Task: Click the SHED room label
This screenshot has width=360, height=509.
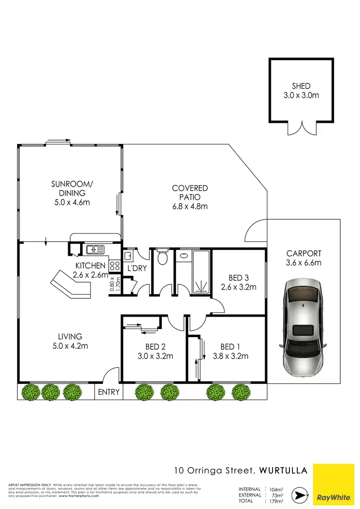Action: pyautogui.click(x=301, y=86)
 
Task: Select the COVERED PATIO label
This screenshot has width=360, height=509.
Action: pyautogui.click(x=190, y=193)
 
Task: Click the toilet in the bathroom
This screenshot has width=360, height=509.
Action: pyautogui.click(x=162, y=257)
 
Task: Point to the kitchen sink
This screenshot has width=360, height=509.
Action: pyautogui.click(x=95, y=249)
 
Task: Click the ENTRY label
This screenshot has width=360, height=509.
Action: pyautogui.click(x=108, y=392)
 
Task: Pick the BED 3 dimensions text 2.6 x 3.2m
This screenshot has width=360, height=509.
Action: pyautogui.click(x=239, y=287)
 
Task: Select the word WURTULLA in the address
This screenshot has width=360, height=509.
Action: pyautogui.click(x=283, y=470)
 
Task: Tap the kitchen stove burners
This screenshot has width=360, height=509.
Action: pyautogui.click(x=114, y=267)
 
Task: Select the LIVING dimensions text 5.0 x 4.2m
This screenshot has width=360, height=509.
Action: pyautogui.click(x=71, y=346)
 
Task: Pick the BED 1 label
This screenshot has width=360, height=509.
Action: pyautogui.click(x=228, y=347)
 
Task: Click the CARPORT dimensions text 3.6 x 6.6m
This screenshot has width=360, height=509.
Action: pyautogui.click(x=303, y=262)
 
